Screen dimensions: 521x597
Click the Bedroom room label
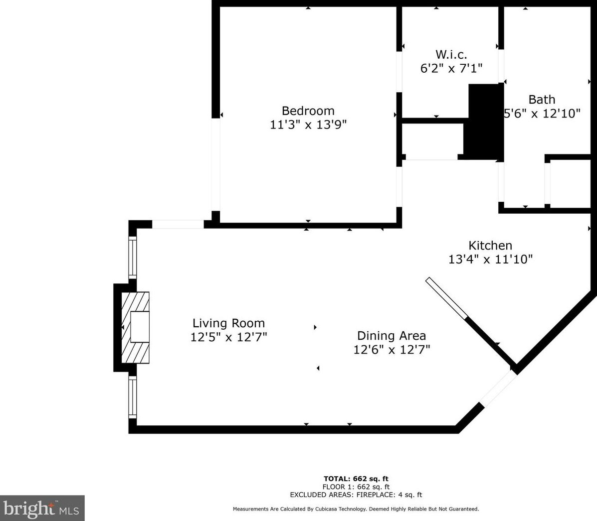[x=308, y=111]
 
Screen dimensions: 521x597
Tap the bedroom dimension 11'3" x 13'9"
[x=308, y=125]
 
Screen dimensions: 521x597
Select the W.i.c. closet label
[x=451, y=54]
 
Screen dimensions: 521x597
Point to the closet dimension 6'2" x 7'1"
[x=451, y=68]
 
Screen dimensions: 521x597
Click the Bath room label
[x=542, y=100]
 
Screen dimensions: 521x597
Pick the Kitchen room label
[x=490, y=246]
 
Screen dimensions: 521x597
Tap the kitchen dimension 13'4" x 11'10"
[x=490, y=260]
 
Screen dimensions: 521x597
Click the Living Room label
[x=228, y=323]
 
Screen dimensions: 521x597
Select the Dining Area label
[x=391, y=336]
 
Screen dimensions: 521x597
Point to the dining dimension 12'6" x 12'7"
[x=391, y=350]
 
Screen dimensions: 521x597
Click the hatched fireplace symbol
[x=135, y=327]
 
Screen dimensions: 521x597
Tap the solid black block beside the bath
[x=484, y=122]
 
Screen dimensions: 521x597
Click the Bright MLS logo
[x=42, y=509]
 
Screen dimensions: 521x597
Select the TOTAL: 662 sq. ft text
[x=356, y=479]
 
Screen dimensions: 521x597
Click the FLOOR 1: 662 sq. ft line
[x=356, y=487]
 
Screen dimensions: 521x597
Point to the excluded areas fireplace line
[x=356, y=495]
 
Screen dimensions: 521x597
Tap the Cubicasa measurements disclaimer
[x=356, y=509]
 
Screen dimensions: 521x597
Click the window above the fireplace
[x=133, y=257]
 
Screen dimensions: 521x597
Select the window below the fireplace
[x=133, y=396]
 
